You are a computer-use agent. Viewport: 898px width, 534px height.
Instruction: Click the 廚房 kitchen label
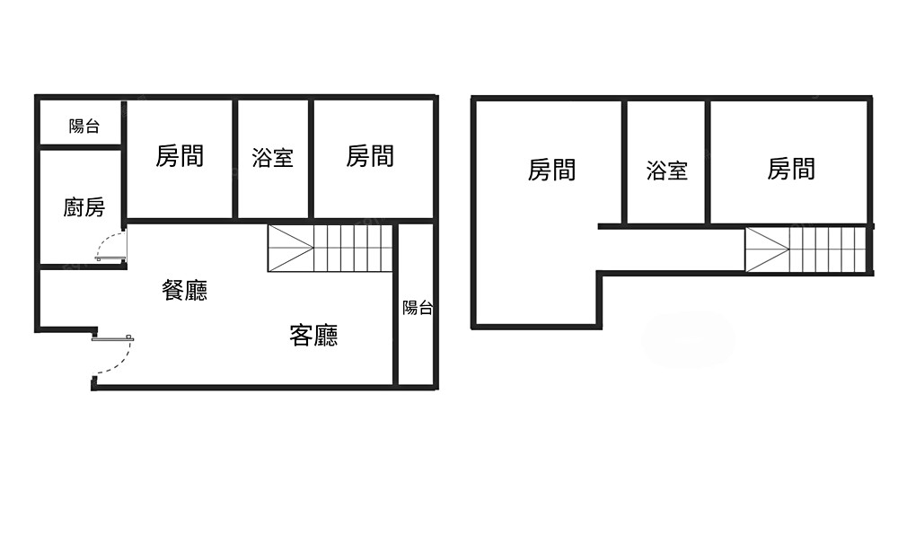(x=84, y=208)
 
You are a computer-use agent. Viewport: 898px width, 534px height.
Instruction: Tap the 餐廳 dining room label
(x=185, y=290)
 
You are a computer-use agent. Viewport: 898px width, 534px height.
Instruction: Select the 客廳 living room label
(x=314, y=336)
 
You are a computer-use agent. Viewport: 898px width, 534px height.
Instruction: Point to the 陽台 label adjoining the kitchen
(x=84, y=127)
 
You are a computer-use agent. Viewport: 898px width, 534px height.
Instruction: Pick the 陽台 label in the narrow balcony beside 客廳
(x=418, y=308)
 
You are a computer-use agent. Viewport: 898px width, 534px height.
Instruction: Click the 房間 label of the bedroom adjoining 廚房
(x=180, y=156)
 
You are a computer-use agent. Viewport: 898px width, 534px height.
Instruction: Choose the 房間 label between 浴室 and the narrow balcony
(x=370, y=156)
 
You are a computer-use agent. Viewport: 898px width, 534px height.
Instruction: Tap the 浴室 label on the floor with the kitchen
(x=273, y=158)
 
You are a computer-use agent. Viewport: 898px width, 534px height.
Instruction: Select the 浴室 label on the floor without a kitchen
(x=667, y=171)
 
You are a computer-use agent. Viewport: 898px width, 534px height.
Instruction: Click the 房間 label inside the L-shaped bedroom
(x=551, y=170)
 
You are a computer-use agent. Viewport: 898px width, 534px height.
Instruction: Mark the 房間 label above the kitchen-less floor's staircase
(x=791, y=169)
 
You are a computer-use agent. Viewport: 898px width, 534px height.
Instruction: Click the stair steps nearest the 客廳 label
(x=354, y=248)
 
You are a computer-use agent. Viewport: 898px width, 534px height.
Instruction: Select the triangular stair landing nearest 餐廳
(x=290, y=248)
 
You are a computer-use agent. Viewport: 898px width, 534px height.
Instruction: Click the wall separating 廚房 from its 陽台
(x=81, y=146)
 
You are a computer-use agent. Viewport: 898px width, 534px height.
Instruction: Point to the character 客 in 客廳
(x=302, y=336)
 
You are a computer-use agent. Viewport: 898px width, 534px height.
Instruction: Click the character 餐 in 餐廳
(x=173, y=290)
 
